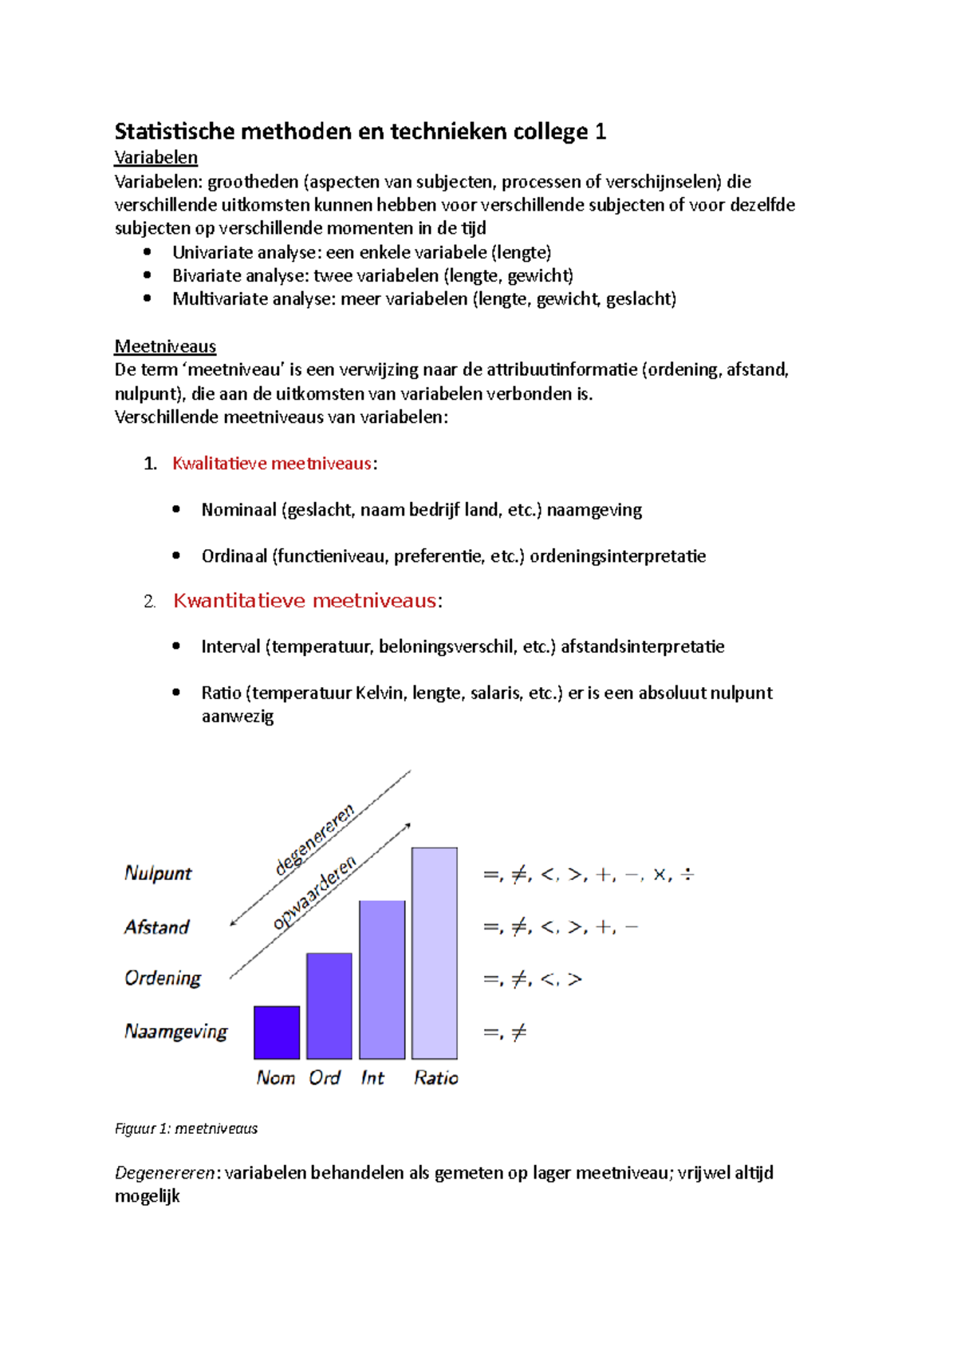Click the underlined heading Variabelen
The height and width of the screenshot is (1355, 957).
156,157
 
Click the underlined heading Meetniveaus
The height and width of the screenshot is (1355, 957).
165,346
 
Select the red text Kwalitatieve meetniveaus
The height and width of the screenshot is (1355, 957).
272,464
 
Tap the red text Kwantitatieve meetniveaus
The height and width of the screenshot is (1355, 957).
305,601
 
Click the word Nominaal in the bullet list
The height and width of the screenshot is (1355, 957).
238,510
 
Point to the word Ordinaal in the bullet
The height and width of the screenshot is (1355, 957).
234,556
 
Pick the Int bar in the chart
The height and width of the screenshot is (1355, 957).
382,979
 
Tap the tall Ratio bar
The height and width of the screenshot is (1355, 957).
435,953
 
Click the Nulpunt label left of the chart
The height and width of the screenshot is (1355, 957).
158,873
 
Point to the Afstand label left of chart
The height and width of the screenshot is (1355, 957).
156,927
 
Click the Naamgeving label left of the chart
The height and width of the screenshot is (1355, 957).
175,1032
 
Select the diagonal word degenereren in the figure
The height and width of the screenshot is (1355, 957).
314,841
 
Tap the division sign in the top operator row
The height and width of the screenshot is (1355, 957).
687,875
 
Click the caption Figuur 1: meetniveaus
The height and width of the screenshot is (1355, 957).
186,1128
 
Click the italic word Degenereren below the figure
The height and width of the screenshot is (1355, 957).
165,1173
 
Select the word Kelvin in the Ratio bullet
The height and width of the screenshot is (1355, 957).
380,693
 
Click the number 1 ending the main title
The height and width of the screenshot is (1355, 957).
601,132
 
